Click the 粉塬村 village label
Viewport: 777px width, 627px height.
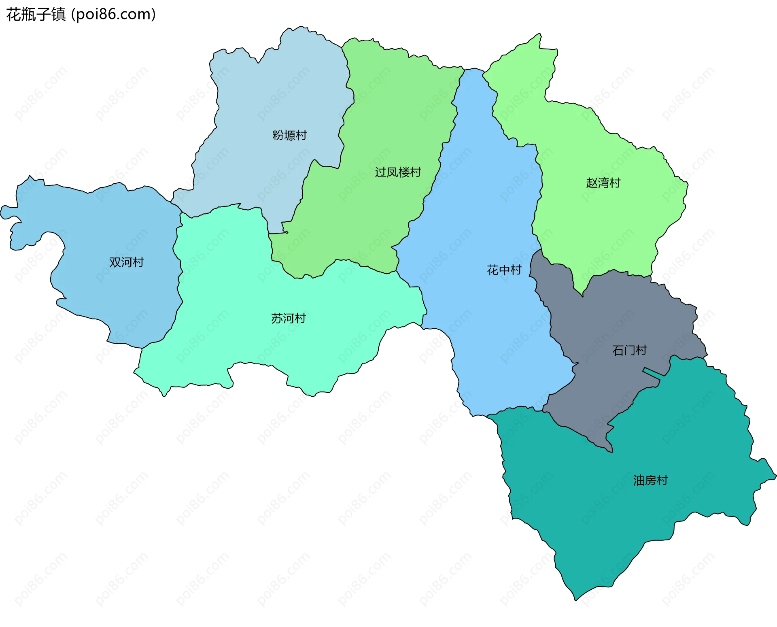point(289,135)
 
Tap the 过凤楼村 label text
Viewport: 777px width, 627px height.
point(398,172)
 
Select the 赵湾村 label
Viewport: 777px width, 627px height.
point(603,183)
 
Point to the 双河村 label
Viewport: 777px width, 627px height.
point(126,262)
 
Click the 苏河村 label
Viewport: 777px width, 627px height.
point(288,319)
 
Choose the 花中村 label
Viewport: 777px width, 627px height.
point(504,270)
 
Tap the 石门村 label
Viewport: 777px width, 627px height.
point(629,350)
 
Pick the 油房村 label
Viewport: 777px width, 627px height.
point(650,480)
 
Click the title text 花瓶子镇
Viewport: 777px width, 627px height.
point(36,15)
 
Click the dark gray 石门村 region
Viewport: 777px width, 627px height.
point(607,324)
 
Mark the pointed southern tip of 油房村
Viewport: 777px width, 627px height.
point(575,598)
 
